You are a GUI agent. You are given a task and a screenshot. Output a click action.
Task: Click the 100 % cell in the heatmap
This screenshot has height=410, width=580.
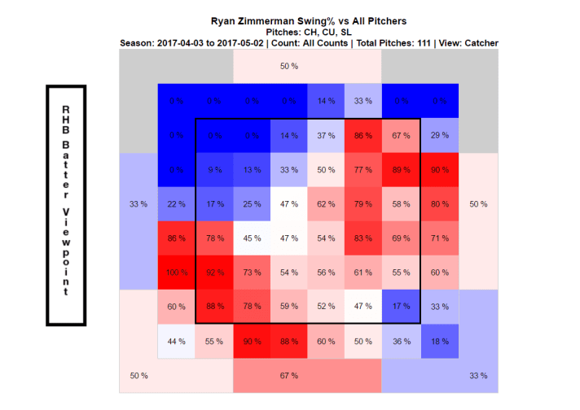point(177,273)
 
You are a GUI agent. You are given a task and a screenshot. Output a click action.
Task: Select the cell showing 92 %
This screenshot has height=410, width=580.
point(214,273)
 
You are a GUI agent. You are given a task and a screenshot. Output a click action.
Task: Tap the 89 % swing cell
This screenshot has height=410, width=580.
point(400,170)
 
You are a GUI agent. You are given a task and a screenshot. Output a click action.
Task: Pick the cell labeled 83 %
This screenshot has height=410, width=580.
point(363,238)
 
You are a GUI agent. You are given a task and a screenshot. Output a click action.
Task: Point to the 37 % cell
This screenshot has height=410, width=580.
point(326,136)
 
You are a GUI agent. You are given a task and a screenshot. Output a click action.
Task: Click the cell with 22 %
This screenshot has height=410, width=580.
point(177,204)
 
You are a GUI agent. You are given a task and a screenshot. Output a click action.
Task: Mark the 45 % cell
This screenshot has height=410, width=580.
point(252,238)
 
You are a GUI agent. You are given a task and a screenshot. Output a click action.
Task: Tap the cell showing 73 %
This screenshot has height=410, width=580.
point(252,273)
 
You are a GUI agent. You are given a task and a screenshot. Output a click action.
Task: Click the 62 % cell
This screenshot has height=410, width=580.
point(326,204)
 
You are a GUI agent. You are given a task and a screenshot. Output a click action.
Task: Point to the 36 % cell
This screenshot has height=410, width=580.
point(400,341)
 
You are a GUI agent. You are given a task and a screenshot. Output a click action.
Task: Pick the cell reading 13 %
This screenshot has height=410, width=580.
point(252,170)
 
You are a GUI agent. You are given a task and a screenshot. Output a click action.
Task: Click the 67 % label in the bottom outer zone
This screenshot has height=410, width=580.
point(289,375)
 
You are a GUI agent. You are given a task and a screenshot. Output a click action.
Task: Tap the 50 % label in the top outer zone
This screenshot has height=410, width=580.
point(289,65)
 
